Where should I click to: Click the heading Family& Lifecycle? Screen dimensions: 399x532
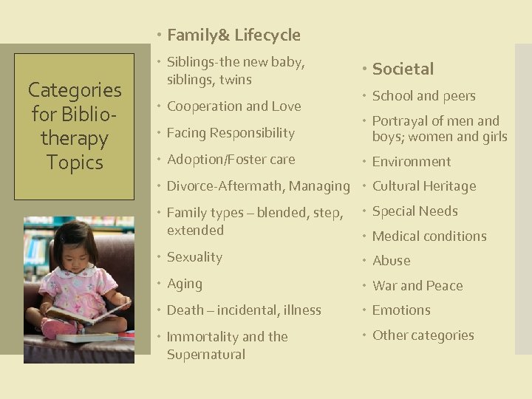233,35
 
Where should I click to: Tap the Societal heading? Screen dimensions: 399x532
403,69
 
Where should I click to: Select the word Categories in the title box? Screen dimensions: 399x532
75,90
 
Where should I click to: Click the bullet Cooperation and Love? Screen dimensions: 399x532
233,106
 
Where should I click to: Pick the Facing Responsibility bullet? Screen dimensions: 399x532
231,133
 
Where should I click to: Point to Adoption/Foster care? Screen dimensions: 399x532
231,160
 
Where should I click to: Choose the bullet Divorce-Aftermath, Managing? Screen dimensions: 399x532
258,186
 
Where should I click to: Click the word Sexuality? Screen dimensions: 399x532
194,257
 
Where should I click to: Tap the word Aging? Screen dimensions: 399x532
184,284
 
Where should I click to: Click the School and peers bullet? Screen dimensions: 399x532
423,96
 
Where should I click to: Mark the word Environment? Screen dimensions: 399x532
412,162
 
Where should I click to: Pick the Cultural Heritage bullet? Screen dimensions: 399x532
424,186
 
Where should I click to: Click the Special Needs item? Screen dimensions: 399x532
415,211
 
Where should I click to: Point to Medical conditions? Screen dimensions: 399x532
429,236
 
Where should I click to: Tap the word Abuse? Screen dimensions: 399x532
391,261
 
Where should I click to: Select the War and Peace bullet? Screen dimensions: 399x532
417,286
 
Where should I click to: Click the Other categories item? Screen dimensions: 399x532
423,335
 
